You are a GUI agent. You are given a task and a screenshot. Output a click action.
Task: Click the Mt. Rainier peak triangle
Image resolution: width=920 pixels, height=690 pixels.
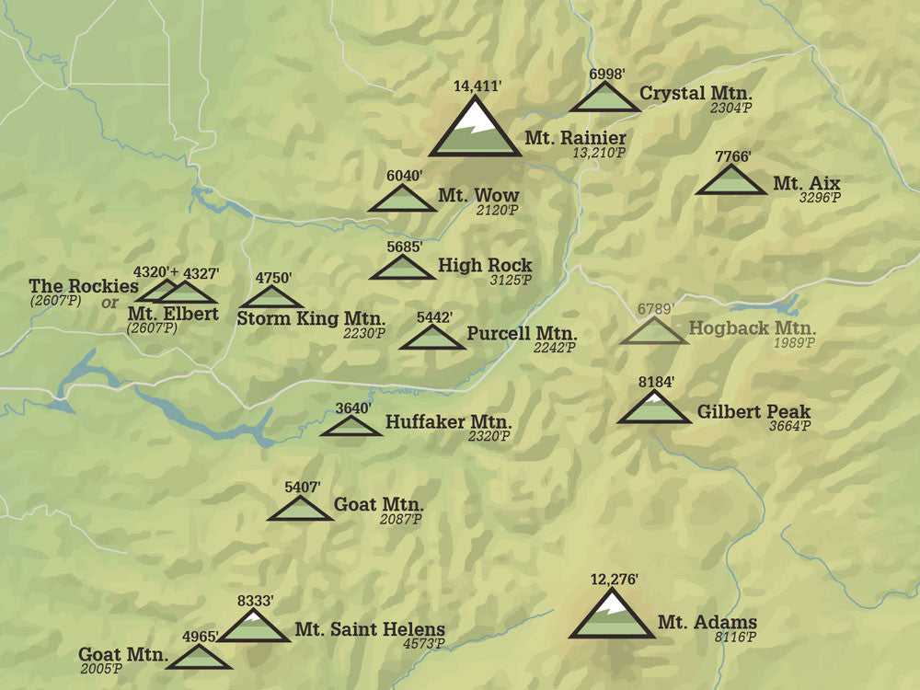click(x=475, y=130)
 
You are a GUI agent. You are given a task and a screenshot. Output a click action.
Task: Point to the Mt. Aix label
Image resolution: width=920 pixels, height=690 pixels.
click(x=806, y=183)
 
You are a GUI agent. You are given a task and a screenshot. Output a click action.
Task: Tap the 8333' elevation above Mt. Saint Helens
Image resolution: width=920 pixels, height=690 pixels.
click(x=255, y=601)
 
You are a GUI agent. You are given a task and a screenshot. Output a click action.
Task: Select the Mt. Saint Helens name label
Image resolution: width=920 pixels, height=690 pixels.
click(x=370, y=630)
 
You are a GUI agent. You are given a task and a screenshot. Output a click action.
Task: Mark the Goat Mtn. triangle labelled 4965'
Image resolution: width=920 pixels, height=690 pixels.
click(x=199, y=658)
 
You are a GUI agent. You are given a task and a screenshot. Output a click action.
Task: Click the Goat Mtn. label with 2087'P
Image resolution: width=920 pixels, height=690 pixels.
click(x=378, y=504)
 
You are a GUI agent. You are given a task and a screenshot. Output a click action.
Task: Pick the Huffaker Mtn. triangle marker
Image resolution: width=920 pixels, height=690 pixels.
click(x=351, y=427)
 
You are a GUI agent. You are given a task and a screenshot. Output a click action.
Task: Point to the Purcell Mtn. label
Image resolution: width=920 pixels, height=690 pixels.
click(x=521, y=333)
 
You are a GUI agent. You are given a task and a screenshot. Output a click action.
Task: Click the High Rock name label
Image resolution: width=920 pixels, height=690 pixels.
click(x=485, y=265)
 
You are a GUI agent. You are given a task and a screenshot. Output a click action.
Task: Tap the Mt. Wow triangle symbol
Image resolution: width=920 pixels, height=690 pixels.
click(x=402, y=200)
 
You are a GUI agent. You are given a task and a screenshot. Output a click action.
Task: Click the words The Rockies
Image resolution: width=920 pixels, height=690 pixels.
click(x=83, y=286)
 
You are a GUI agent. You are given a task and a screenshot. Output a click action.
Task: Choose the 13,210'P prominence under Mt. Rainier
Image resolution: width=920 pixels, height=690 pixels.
click(x=598, y=152)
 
